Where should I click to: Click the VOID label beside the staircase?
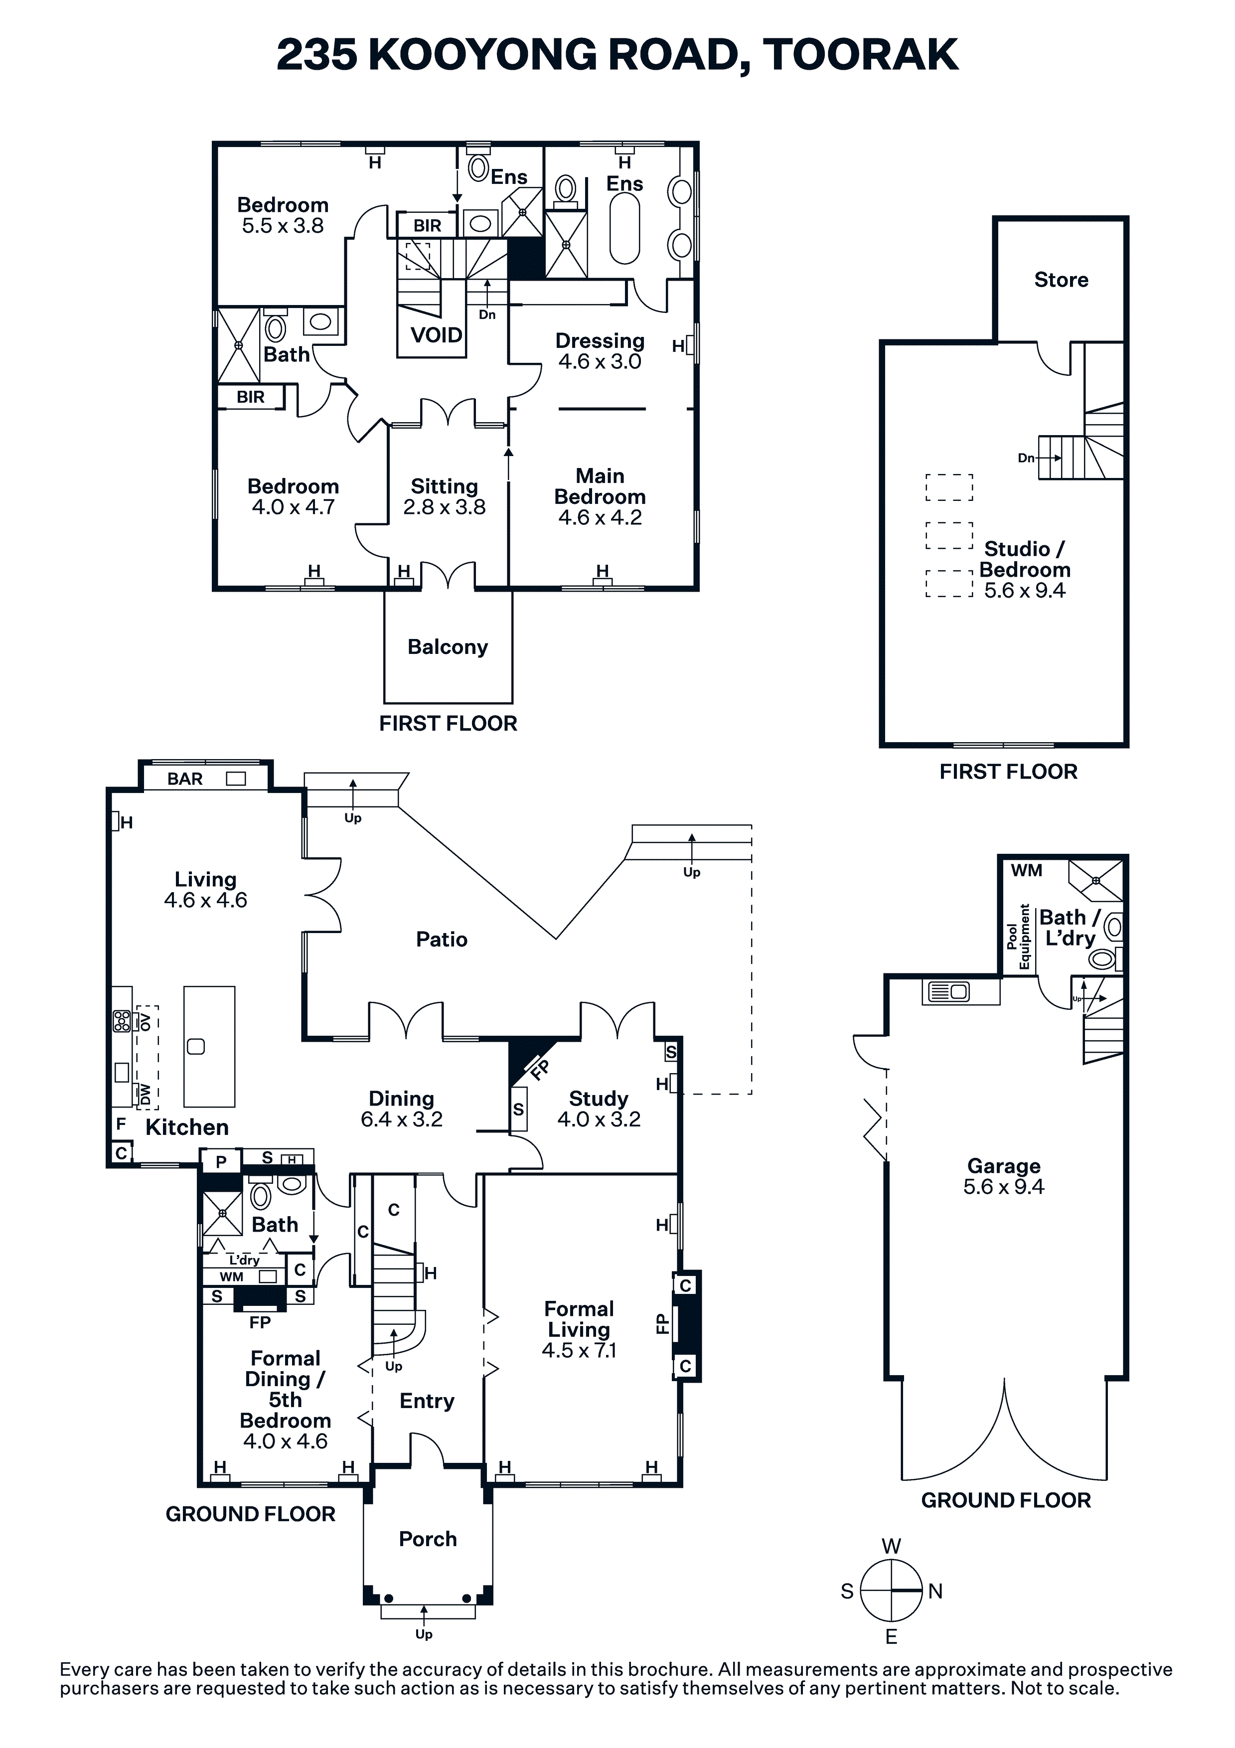[436, 335]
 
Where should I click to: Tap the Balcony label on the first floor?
[448, 647]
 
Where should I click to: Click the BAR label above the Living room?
[185, 779]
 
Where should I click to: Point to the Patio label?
[442, 940]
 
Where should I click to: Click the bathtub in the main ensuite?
[625, 228]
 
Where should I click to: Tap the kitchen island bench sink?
[196, 1047]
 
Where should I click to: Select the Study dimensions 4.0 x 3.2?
[599, 1119]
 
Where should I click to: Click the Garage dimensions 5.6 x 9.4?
[1004, 1187]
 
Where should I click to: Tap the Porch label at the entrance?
[428, 1539]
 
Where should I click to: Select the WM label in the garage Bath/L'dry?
[1026, 870]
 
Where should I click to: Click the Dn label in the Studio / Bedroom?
[1026, 459]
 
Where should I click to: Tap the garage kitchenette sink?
[949, 992]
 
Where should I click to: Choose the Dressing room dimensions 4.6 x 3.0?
[600, 362]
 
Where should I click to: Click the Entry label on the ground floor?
[427, 1401]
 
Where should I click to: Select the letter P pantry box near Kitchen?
[221, 1162]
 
